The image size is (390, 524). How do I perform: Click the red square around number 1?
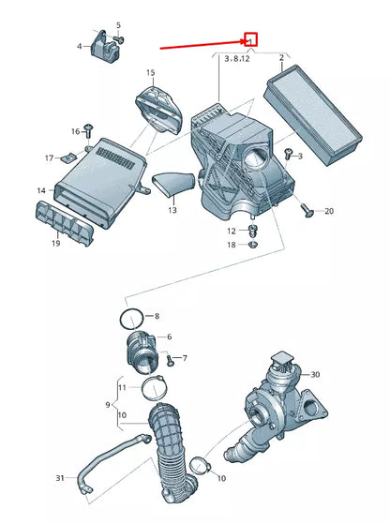pyautogui.click(x=250, y=39)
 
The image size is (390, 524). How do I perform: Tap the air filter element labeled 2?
pyautogui.click(x=312, y=114)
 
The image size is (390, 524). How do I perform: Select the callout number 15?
pyautogui.click(x=150, y=72)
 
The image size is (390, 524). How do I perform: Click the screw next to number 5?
pyautogui.click(x=119, y=39)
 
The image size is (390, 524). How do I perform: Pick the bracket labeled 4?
pyautogui.click(x=105, y=47)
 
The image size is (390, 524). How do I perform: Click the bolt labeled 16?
pyautogui.click(x=88, y=130)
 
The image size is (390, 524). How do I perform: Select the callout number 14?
pyautogui.click(x=41, y=190)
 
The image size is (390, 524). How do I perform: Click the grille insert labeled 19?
pyautogui.click(x=65, y=223)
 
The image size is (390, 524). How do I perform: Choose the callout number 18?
pyautogui.click(x=232, y=245)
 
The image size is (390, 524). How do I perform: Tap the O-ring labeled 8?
pyautogui.click(x=131, y=320)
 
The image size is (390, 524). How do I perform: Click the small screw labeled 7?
pyautogui.click(x=171, y=361)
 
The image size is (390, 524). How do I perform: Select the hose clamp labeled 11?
pyautogui.click(x=154, y=388)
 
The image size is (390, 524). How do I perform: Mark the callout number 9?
pyautogui.click(x=108, y=405)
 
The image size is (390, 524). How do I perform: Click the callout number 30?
pyautogui.click(x=315, y=374)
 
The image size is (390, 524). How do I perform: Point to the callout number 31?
pyautogui.click(x=60, y=478)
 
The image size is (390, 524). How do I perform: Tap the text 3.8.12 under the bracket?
pyautogui.click(x=237, y=59)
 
